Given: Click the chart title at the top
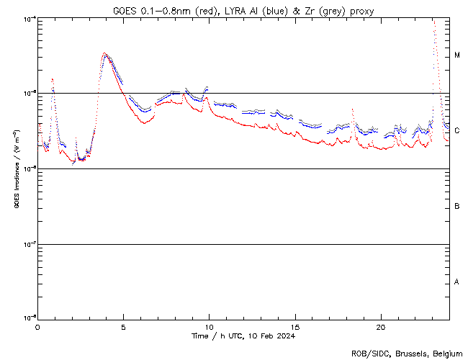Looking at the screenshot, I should click(x=243, y=10).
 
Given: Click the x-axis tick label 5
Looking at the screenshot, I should click(x=123, y=326).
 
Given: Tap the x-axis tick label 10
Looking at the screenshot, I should click(x=210, y=326).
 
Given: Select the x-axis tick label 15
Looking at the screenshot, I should click(x=295, y=326).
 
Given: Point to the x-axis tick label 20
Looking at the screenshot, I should click(x=381, y=326).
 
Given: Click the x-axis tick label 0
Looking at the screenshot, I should click(x=37, y=326).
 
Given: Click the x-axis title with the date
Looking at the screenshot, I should click(x=243, y=336).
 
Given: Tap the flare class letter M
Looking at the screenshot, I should click(x=457, y=55).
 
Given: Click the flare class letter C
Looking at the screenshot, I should click(x=457, y=130).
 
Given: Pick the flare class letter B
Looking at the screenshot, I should click(x=457, y=207).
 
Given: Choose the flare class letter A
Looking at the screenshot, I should click(x=457, y=282).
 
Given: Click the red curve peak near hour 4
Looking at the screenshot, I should click(x=105, y=53).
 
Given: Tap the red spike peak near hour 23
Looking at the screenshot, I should click(x=433, y=22).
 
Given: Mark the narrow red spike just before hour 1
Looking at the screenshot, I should click(x=53, y=78).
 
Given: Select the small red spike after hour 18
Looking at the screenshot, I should click(x=352, y=109).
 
